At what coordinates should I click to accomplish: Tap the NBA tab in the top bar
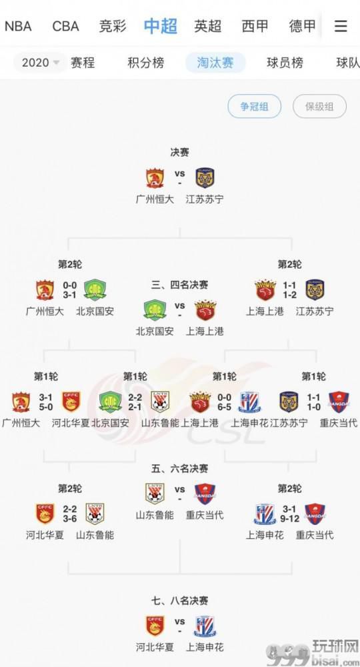click(18, 27)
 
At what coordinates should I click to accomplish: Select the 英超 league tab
click(208, 27)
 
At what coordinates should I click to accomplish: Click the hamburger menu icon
click(341, 27)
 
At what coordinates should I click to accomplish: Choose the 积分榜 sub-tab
click(146, 63)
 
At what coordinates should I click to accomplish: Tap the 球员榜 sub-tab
click(285, 63)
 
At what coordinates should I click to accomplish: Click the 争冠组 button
click(254, 106)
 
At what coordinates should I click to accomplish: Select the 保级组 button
click(319, 106)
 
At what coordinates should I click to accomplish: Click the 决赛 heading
click(180, 152)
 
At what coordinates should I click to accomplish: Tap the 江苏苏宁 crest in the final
click(205, 178)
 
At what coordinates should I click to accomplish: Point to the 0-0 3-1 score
click(70, 289)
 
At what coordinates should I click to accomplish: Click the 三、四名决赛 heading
click(180, 285)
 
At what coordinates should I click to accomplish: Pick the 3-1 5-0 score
click(46, 402)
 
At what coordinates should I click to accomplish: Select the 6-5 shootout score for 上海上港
click(225, 407)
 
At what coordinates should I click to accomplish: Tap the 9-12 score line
click(289, 518)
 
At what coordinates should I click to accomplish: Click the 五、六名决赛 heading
click(180, 469)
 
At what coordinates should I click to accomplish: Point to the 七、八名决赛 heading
click(180, 601)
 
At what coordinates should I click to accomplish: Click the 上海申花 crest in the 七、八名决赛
click(205, 626)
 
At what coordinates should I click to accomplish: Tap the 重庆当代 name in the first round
click(339, 423)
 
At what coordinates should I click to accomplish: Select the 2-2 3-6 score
click(70, 514)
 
